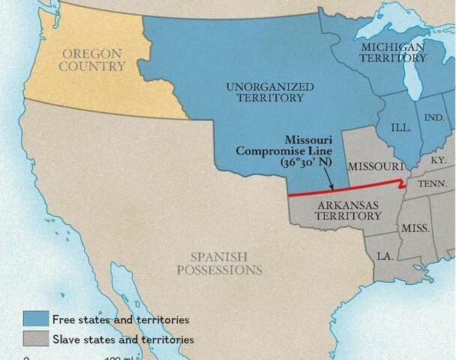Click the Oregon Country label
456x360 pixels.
coord(93,59)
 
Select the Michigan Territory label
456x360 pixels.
coord(392,52)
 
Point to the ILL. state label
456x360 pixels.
coord(401,127)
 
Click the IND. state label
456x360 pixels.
coord(433,118)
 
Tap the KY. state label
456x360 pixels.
coord(438,160)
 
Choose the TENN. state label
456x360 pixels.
coord(433,184)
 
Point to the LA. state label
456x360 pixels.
coord(385,256)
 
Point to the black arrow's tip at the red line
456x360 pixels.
coord(332,190)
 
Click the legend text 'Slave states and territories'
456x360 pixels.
coord(122,340)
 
